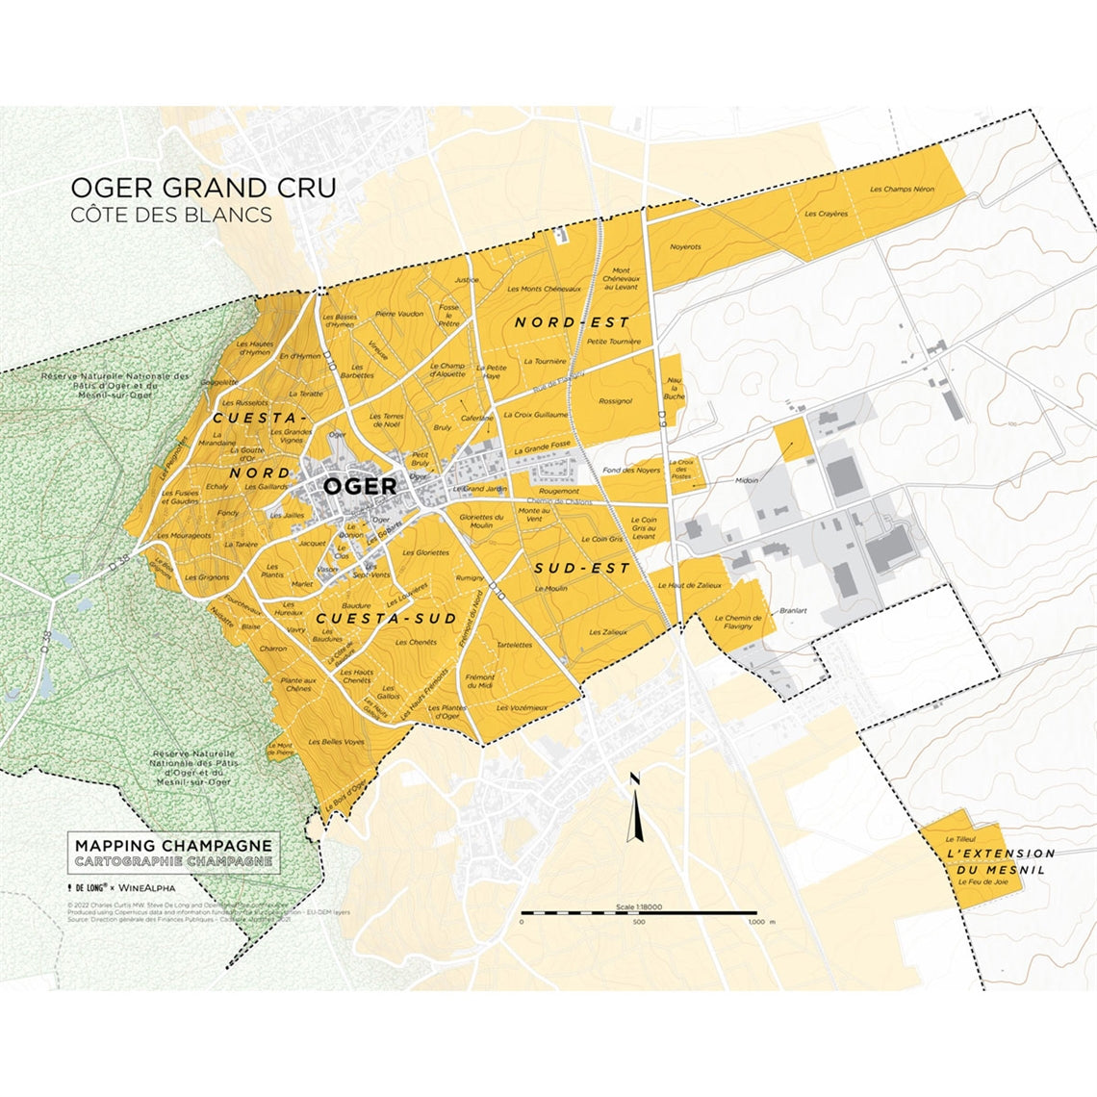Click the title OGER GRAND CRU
click(204, 187)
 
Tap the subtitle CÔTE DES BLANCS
click(171, 215)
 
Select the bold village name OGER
click(359, 486)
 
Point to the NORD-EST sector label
click(572, 321)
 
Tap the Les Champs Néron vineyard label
click(902, 190)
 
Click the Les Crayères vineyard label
click(827, 214)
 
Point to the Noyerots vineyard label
click(685, 247)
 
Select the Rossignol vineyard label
click(615, 401)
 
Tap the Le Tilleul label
click(960, 840)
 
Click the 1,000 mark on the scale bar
click(755, 922)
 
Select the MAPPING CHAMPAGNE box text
click(173, 846)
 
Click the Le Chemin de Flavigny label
click(738, 622)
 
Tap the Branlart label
click(793, 610)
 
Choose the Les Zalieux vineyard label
click(608, 632)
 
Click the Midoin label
click(747, 480)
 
